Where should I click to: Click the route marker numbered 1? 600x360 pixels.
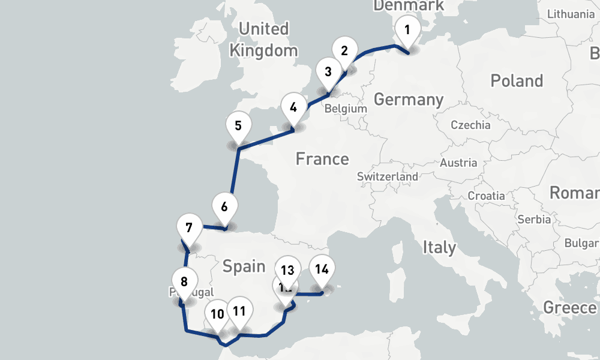point(407,30)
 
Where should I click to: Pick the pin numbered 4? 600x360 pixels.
point(293,109)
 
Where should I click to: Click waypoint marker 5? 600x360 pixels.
point(238,127)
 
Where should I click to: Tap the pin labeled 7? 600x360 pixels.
point(189,229)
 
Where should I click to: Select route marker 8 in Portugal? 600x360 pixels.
point(184,282)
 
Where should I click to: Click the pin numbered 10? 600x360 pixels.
point(217,314)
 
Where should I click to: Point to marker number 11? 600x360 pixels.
point(240,311)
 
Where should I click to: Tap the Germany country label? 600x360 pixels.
point(409,100)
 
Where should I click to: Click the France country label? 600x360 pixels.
point(322,159)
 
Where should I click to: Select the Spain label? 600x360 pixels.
point(244,266)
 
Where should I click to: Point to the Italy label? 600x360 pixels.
point(439,247)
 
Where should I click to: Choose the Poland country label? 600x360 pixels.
point(517,81)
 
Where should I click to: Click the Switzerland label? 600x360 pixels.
point(388,177)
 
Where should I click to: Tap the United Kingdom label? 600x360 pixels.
point(263,39)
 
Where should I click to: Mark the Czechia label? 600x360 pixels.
point(471,125)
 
